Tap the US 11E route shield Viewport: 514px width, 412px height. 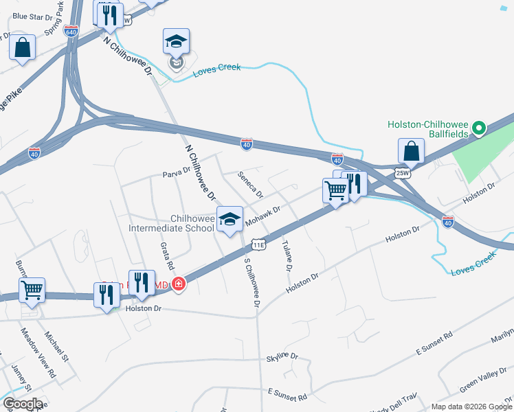pos(258,244)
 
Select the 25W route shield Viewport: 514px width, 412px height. pos(402,172)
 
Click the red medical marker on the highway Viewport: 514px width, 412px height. pos(179,283)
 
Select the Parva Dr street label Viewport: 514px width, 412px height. pos(177,172)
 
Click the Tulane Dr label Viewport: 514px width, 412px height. pos(288,255)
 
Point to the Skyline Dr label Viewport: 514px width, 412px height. pos(282,357)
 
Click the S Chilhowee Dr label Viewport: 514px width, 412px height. pos(252,282)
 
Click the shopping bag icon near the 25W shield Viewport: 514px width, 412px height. pos(411,151)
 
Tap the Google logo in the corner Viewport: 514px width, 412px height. pos(23,404)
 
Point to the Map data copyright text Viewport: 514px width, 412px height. pos(471,407)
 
